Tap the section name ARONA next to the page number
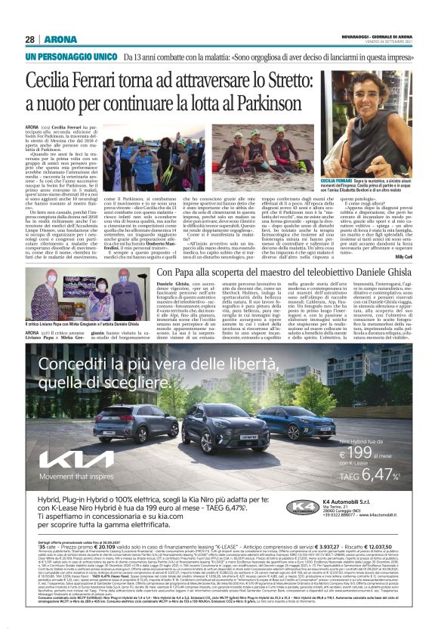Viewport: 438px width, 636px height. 58,39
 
